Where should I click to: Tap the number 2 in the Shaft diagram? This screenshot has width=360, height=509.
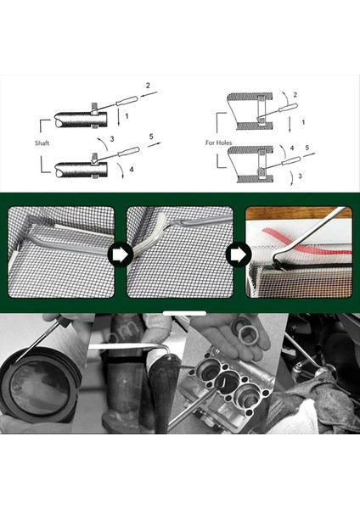point(148,87)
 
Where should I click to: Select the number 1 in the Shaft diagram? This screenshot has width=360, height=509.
point(128,114)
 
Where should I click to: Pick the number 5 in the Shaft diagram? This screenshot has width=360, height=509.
point(149,137)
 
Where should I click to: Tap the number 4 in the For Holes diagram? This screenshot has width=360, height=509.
point(291,148)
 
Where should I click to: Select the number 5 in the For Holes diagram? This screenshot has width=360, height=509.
point(308,148)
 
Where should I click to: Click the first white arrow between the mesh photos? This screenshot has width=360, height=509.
point(120,253)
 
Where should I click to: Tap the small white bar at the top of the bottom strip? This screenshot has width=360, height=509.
point(179,322)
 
